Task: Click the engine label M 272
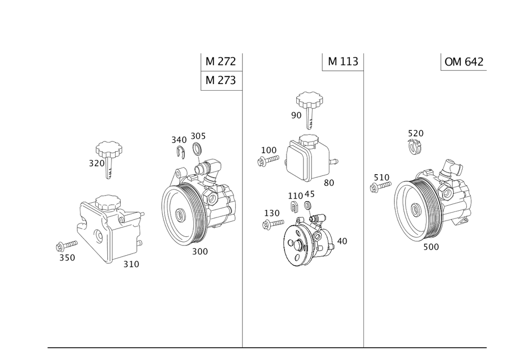221,62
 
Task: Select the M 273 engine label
221,80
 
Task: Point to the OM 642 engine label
464,62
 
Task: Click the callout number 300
200,252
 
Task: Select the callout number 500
431,246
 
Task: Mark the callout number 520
415,133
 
